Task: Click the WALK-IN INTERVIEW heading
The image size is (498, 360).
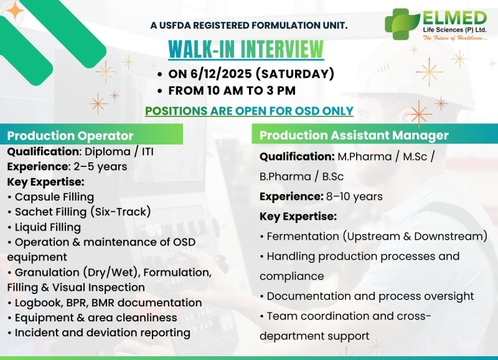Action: coord(247,49)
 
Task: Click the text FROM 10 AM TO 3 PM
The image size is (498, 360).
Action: coord(232,90)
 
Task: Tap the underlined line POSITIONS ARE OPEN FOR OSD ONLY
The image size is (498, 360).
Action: coord(249,111)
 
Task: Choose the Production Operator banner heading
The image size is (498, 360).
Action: coord(70,135)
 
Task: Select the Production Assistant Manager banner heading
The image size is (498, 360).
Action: coord(354,135)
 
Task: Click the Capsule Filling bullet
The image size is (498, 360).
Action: coord(54,197)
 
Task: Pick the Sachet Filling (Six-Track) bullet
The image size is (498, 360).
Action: coord(82,212)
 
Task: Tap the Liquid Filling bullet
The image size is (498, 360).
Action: coord(47,227)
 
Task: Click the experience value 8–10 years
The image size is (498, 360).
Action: coord(354,197)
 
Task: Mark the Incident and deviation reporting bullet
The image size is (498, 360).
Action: coord(102,333)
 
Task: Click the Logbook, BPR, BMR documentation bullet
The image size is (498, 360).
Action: coord(108,303)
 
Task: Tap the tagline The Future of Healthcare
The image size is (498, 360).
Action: coord(456,39)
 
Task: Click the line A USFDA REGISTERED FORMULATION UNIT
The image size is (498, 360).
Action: coord(249,26)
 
